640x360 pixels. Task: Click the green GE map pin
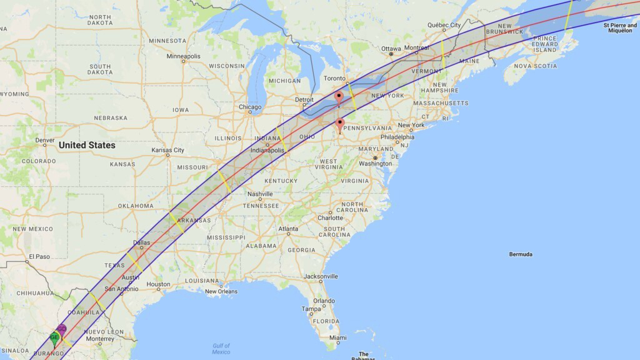54,337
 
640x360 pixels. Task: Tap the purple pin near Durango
62,329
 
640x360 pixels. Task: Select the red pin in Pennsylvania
340,124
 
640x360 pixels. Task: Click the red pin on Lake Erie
339,97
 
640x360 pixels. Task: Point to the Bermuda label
521,254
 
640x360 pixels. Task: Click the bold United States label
87,145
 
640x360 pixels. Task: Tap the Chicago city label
250,107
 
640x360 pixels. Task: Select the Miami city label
337,337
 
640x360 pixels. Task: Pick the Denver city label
44,141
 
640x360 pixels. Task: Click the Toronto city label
334,78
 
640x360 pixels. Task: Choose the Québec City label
444,25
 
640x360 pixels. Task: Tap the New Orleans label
221,291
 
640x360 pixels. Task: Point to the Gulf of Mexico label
221,349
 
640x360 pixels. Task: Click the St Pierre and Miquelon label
622,27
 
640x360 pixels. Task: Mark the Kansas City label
168,150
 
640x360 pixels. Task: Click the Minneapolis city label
184,56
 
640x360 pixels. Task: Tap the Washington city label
375,164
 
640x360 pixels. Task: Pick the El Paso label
39,256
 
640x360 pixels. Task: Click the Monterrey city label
100,339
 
